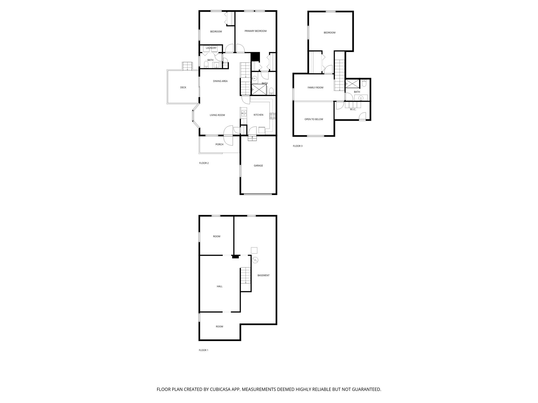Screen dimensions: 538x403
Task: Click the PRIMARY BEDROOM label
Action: [255, 31]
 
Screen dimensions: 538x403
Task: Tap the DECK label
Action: [183, 87]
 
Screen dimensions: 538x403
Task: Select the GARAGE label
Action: [258, 166]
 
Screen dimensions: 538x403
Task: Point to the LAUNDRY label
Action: [211, 48]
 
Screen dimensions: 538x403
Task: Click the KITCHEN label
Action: [258, 115]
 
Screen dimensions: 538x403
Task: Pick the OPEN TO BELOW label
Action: [314, 119]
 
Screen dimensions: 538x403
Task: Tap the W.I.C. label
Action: [353, 109]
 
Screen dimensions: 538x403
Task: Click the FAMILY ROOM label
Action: [315, 88]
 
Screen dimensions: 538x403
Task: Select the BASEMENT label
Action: [263, 275]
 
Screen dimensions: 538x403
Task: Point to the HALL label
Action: [220, 286]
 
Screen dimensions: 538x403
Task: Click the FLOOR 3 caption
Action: [298, 146]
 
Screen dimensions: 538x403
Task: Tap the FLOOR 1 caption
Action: [204, 350]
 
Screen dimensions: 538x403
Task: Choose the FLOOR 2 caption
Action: [204, 163]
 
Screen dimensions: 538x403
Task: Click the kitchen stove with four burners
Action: [273, 116]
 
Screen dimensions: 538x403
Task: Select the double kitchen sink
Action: [244, 113]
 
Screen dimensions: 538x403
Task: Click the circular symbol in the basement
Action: [255, 260]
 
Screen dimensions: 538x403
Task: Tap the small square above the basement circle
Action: [254, 250]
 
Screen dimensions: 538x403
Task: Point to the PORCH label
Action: [219, 144]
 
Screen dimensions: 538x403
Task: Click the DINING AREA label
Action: [220, 81]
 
